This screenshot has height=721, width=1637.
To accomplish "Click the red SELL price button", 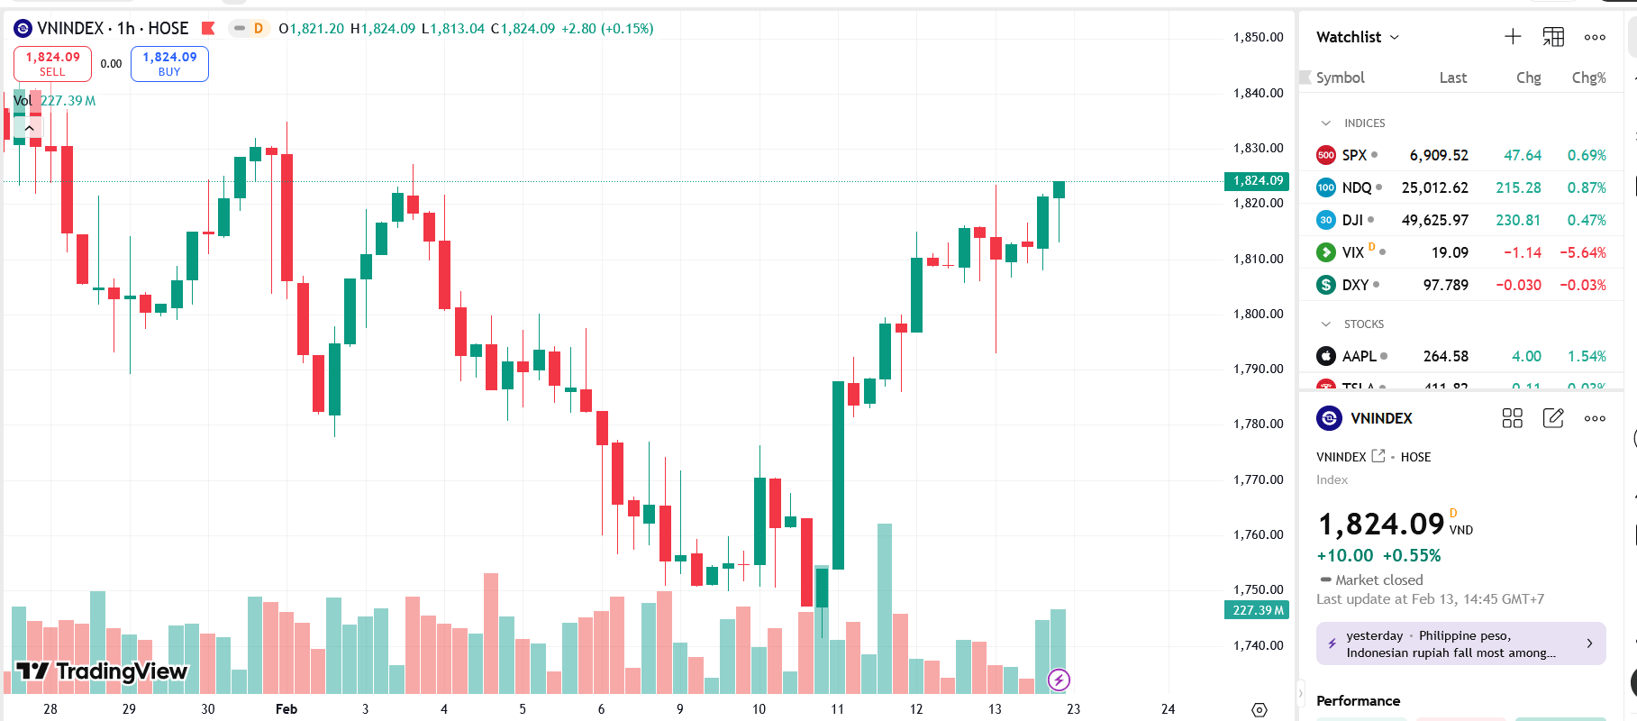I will (52, 63).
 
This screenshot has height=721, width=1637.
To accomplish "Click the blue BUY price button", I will (169, 63).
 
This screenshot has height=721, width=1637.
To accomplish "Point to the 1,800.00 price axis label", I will (1258, 314).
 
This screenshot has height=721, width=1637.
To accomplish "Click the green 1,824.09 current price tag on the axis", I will (1258, 181).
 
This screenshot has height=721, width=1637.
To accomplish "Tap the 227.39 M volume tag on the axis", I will (1258, 610).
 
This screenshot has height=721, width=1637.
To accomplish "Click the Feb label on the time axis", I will (286, 709).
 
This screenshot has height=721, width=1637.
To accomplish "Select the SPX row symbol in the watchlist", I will (1354, 155).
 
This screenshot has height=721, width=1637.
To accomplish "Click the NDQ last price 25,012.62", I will (1434, 187).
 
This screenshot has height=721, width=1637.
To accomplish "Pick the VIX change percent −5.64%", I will (1583, 252).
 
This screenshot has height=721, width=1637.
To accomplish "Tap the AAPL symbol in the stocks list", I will (1359, 356).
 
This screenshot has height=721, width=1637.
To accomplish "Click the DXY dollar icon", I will (1326, 285).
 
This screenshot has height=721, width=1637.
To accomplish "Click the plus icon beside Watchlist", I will (1513, 37).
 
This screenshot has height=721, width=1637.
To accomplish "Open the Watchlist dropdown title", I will (1357, 37).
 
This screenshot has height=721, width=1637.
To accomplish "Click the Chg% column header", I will (1588, 78).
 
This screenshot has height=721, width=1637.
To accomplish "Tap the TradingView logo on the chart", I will (103, 671).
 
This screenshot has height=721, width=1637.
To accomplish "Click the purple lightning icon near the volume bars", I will (1059, 680).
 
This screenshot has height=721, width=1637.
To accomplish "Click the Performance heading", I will (1358, 700).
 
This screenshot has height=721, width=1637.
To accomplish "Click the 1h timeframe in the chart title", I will (126, 29).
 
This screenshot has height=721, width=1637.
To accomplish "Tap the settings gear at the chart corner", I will (1260, 710).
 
